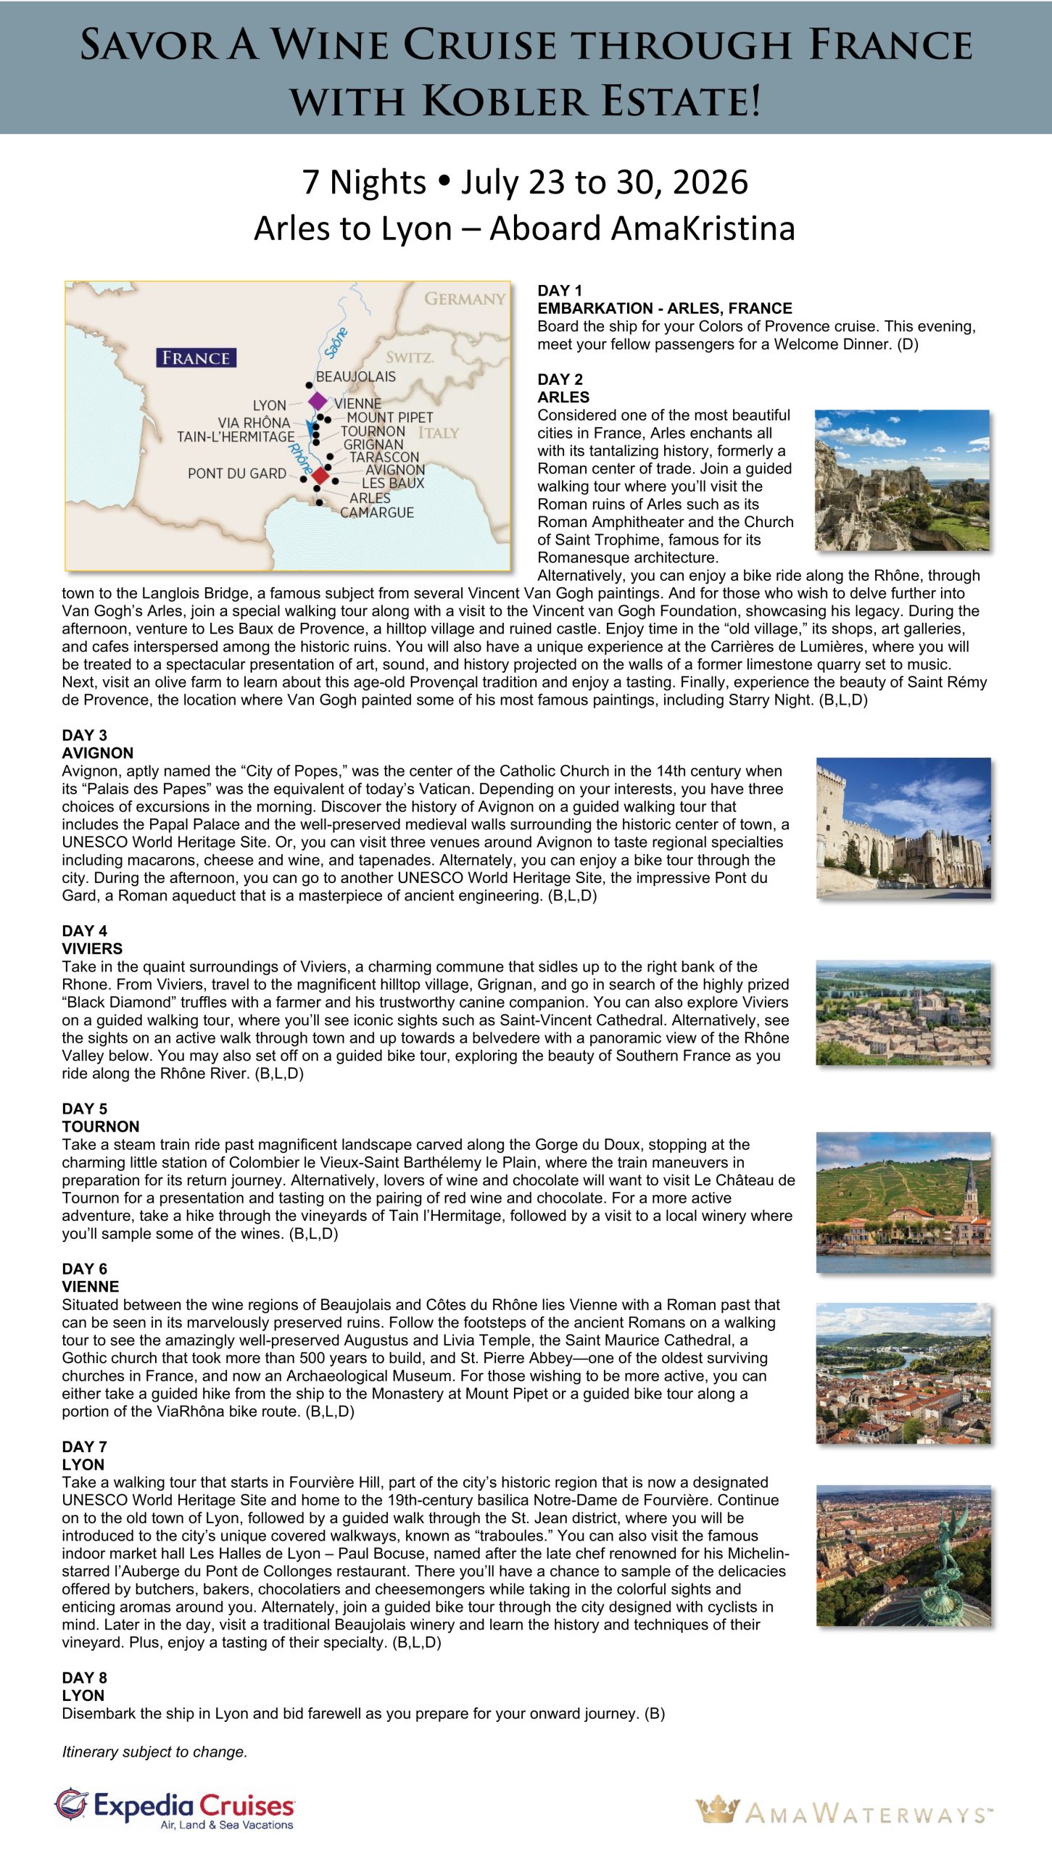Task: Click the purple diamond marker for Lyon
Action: coord(318,401)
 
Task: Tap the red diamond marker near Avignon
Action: coord(320,476)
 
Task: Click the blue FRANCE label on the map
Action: coord(196,358)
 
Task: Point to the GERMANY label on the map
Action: coord(465,299)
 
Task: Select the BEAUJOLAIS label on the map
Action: coord(356,376)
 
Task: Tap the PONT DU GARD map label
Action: coord(237,473)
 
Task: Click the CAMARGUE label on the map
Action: coord(377,513)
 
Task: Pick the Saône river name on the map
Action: coord(336,342)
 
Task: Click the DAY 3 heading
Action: coord(84,735)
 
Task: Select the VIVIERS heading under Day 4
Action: coord(92,948)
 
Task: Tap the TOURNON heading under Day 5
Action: coord(100,1126)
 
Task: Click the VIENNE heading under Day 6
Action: coord(90,1286)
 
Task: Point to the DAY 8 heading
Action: coord(84,1678)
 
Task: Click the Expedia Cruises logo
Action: coord(175,1809)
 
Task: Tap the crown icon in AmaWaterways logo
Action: coord(717,1810)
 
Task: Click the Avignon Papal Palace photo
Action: coord(903,828)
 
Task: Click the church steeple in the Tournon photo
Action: coord(970,1182)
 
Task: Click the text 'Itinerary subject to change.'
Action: coord(154,1752)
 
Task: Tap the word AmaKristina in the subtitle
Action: coord(642,228)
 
